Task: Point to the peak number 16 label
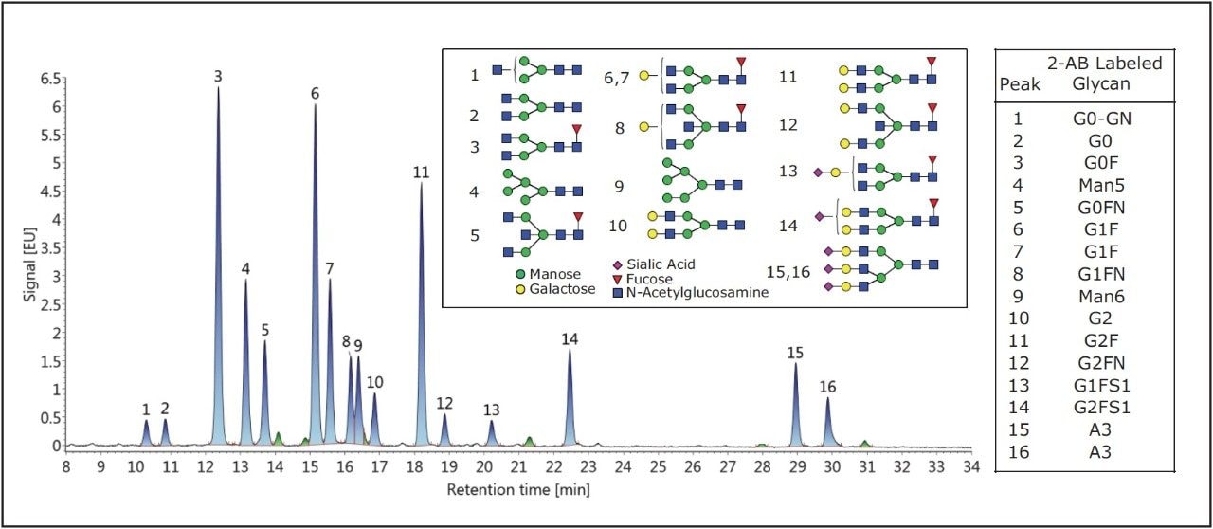click(x=828, y=387)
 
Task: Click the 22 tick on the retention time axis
click(x=553, y=467)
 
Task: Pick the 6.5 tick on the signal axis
click(x=48, y=79)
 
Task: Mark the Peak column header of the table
click(x=1021, y=84)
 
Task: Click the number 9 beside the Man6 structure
click(x=619, y=187)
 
